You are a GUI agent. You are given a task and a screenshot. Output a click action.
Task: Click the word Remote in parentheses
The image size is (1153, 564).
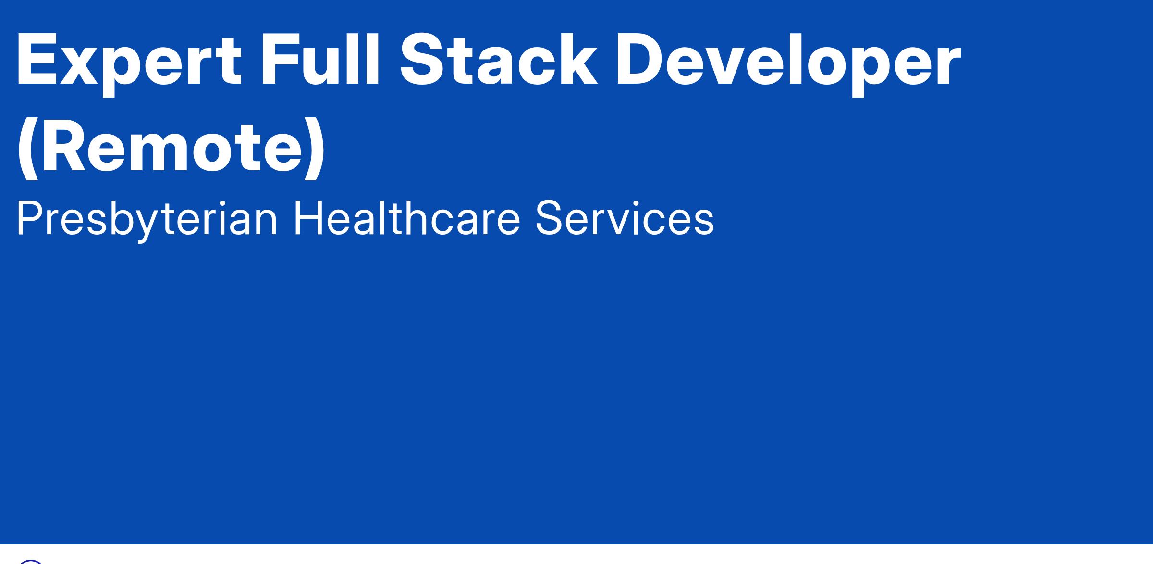(x=171, y=145)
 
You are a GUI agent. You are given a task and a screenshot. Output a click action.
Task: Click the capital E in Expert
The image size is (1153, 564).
(x=38, y=60)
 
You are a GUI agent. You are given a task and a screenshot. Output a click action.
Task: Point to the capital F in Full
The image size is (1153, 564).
(x=281, y=60)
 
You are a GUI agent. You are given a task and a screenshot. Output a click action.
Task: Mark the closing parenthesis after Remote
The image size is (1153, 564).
(x=315, y=149)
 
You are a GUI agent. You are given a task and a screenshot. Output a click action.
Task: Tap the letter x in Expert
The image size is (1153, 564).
(x=86, y=67)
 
